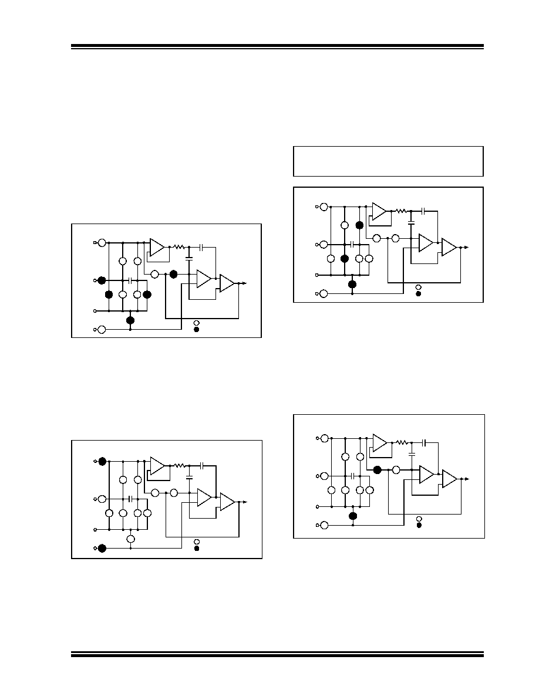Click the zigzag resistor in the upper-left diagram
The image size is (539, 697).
coord(179,247)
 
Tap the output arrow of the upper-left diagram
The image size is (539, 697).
coord(243,283)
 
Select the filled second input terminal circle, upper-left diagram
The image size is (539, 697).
coord(102,280)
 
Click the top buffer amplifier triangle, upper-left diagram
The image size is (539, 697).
coord(157,247)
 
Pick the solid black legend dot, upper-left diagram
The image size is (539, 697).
coord(197,330)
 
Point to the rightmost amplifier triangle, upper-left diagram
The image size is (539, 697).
coord(227,283)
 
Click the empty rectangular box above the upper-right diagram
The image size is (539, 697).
coord(388,161)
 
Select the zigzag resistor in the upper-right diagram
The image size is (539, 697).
coord(401,211)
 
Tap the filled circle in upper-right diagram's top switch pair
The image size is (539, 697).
coord(359,225)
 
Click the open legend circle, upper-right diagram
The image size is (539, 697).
coord(418,287)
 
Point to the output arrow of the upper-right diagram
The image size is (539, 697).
coord(466,248)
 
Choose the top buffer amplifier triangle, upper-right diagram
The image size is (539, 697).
coord(379,211)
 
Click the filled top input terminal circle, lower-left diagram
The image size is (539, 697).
coord(102,461)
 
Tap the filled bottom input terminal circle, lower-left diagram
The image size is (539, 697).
coord(102,549)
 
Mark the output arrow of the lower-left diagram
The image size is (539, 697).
coord(243,502)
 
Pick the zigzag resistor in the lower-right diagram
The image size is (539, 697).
coord(402,443)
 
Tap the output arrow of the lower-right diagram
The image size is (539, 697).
coord(466,479)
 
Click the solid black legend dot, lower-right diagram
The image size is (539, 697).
coord(419,525)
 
